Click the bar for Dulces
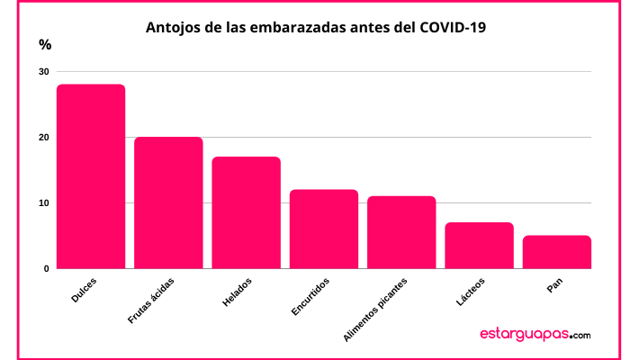coord(91,176)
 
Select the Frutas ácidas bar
coord(168,202)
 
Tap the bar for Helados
coord(247,212)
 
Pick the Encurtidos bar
coord(324,229)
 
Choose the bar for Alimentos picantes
coord(401,232)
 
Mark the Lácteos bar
coord(480,246)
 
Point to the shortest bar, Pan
coord(557,252)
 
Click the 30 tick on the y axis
coord(44,71)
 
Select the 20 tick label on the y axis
coord(44,138)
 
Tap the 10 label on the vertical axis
coord(44,203)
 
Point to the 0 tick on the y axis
coord(47,269)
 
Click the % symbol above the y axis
coord(45,45)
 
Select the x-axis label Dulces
coord(84,290)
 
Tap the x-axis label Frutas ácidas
coord(151,301)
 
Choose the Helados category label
coord(237,292)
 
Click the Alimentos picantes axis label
coord(375,310)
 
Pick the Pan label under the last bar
coord(554,285)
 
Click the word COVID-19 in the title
coord(453,27)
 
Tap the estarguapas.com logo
coord(535,334)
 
